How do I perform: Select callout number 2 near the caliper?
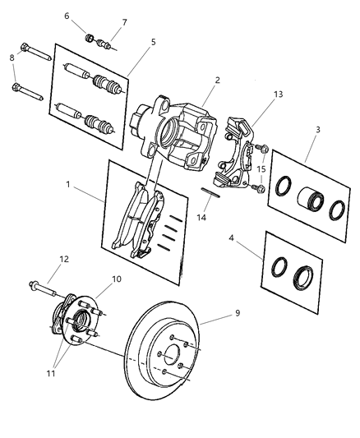217,81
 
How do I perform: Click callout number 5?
153,41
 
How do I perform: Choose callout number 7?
124,22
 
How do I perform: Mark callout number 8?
11,58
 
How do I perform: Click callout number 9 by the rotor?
238,312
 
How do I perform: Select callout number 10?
117,279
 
